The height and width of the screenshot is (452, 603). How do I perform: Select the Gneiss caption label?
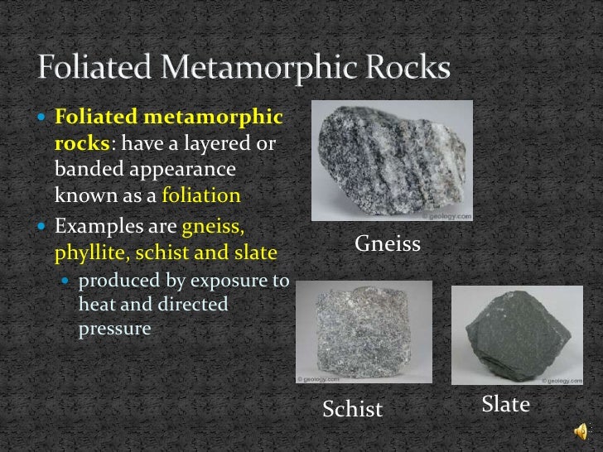click(388, 244)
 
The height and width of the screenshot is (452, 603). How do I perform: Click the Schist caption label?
click(353, 409)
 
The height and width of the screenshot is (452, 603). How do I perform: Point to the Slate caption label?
click(504, 406)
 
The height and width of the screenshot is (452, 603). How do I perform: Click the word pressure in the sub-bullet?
click(114, 328)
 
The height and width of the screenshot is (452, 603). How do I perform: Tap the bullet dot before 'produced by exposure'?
click(68, 282)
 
